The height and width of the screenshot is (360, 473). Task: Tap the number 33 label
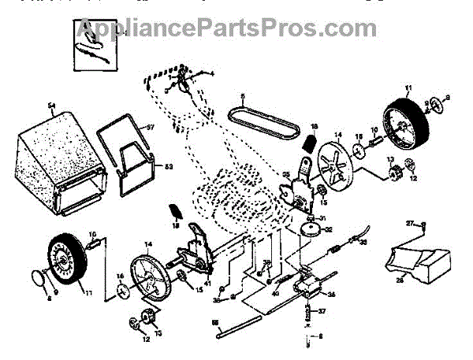(x=363, y=243)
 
